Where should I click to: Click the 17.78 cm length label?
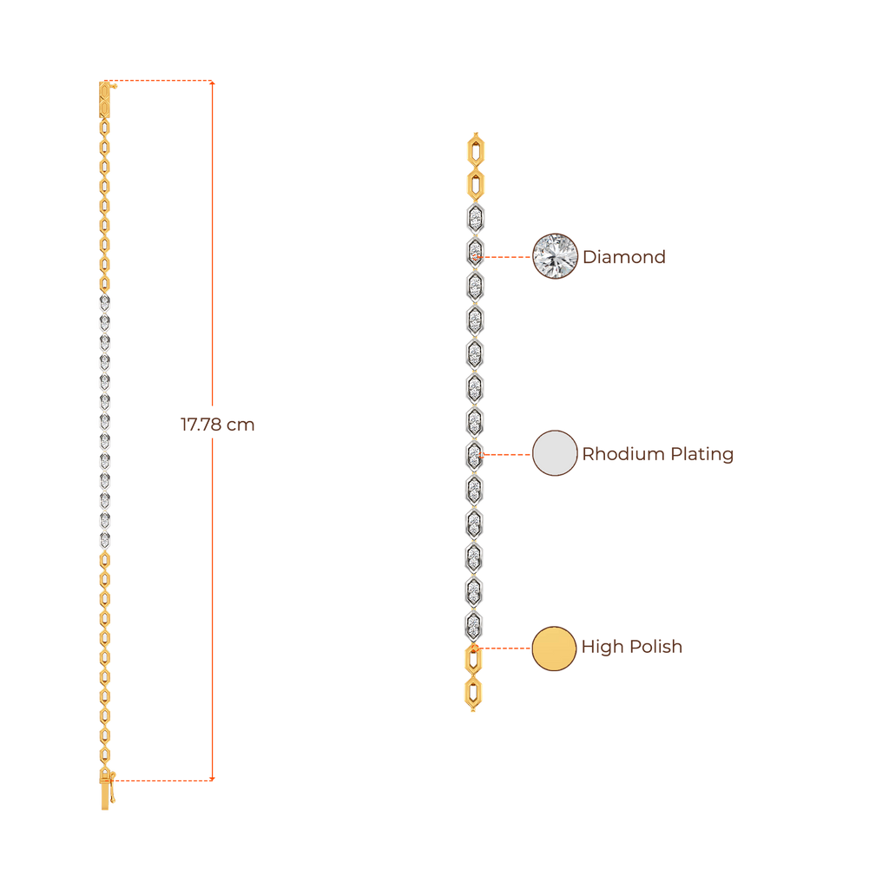217,425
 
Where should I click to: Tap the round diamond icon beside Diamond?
555,256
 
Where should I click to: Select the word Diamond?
623,257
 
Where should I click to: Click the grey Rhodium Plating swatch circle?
555,453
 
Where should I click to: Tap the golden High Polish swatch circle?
554,649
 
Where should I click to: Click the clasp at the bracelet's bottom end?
106,789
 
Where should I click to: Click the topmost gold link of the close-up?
475,149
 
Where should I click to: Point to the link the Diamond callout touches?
474,253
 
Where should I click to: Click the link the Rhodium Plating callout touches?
474,456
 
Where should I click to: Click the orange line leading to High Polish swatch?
504,648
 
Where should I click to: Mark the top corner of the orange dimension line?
213,82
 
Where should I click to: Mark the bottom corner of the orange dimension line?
213,778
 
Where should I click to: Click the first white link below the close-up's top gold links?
475,219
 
